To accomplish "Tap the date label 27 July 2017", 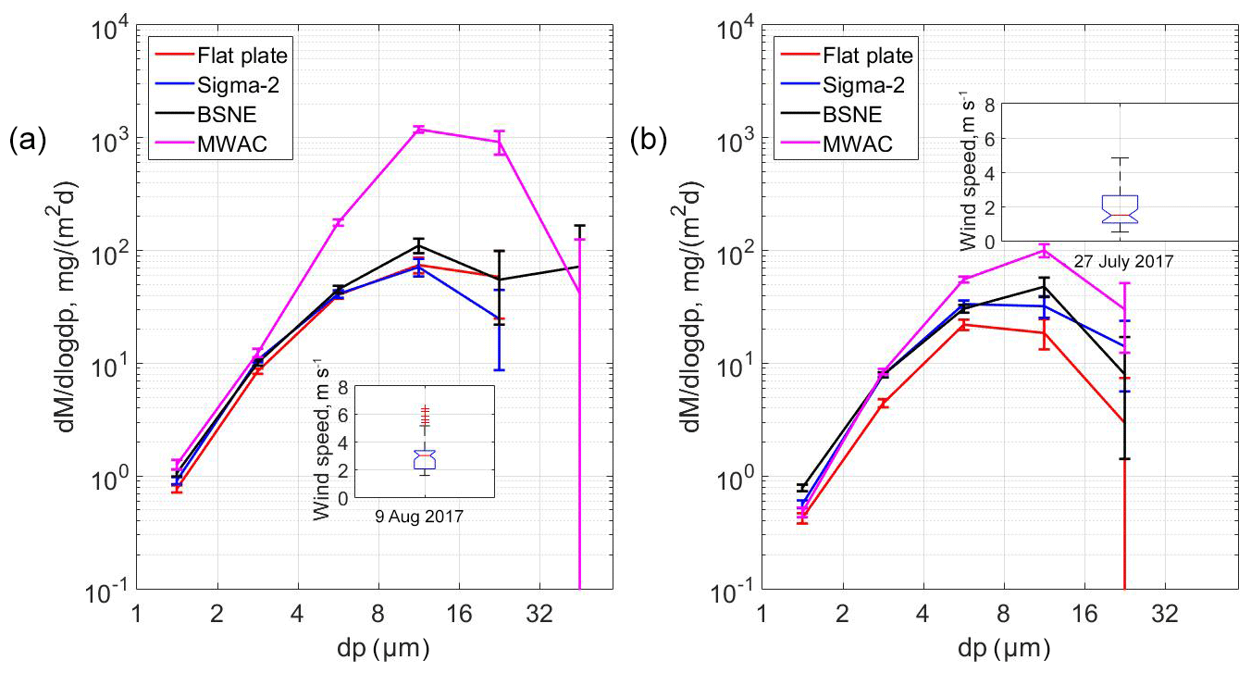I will point(1122,261).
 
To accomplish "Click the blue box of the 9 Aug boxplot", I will point(425,459).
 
